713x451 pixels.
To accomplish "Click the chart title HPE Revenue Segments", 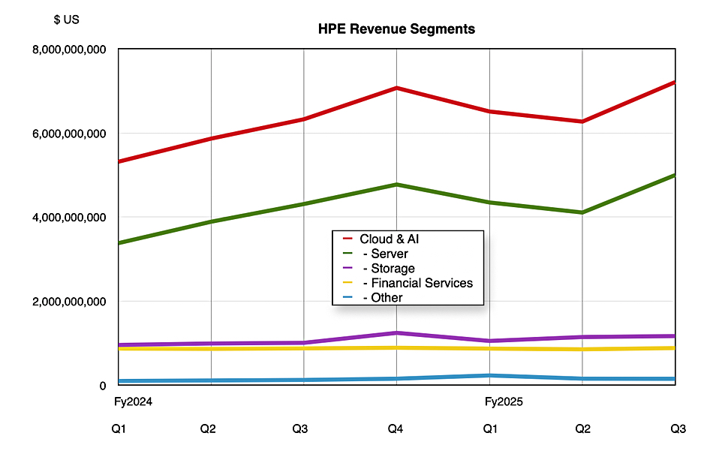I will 396,29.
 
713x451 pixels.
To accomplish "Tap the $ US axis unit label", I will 66,20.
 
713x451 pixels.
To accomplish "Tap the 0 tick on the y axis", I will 104,386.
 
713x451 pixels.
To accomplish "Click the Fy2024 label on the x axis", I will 133,402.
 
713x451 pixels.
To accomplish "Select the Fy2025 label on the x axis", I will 504,402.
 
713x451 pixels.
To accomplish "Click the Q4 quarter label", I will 396,429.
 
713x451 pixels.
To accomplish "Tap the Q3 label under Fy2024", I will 299,429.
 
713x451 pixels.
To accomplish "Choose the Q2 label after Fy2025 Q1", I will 582,429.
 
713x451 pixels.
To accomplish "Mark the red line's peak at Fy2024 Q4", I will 396,89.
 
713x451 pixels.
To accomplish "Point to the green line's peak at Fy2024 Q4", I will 396,185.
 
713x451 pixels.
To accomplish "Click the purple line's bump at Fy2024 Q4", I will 396,333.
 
